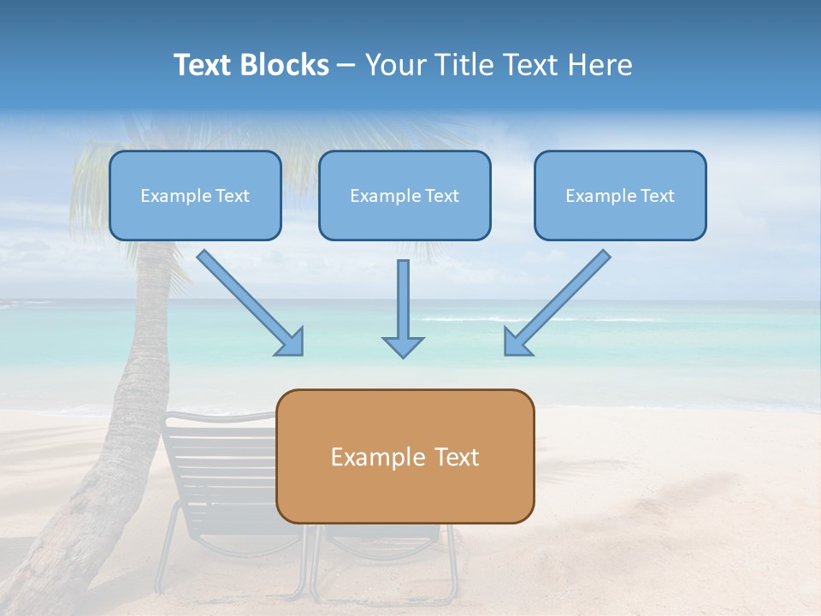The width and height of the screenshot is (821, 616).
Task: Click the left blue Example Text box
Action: point(195,195)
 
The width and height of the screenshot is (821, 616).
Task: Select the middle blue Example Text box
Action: point(405,195)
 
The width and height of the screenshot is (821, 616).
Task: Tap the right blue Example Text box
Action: point(620,195)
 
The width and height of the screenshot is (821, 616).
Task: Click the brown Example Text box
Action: point(405,456)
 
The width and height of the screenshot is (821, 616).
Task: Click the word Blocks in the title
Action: point(284,65)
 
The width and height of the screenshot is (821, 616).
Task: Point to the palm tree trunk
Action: point(137,385)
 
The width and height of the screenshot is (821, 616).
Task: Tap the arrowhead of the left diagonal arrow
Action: point(291,342)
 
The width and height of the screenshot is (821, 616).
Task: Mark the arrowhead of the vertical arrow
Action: point(403,346)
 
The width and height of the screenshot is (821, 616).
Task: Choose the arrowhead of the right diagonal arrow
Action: point(517,342)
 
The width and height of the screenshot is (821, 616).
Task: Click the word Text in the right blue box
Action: point(657,195)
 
